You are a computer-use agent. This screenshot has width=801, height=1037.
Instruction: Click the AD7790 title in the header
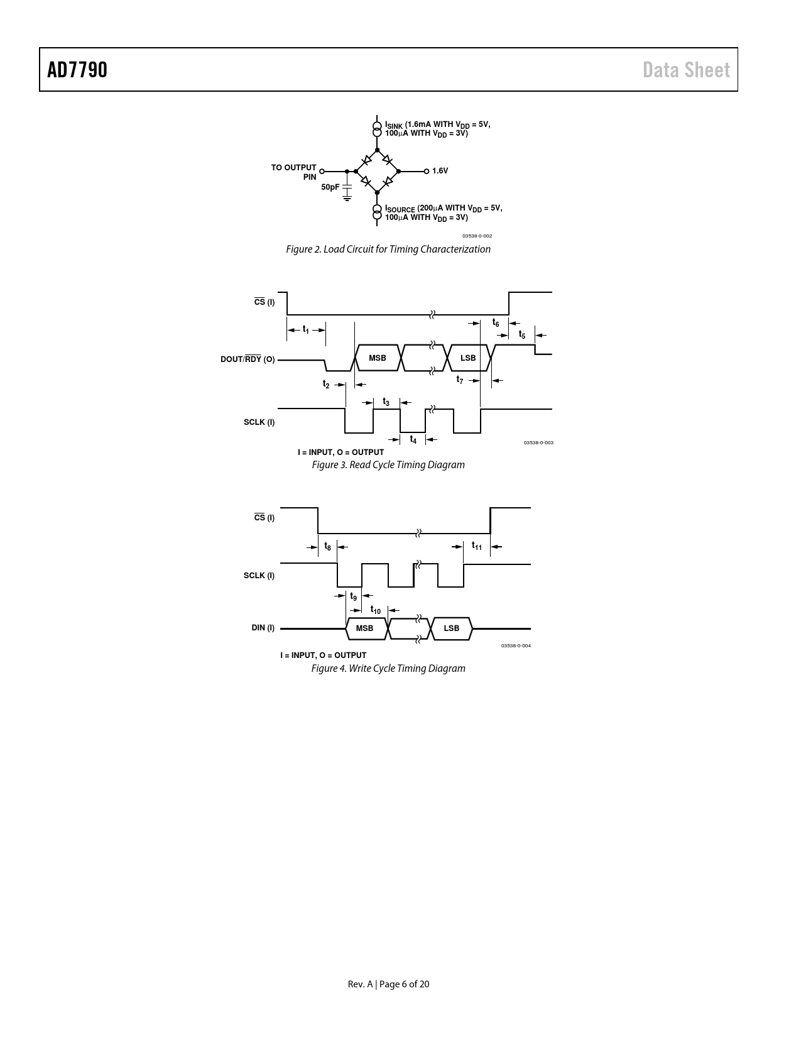[77, 70]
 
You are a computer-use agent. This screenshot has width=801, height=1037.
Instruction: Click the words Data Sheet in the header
[686, 70]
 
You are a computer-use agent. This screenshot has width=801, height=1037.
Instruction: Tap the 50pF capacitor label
[330, 187]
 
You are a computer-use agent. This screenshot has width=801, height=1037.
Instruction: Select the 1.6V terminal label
[440, 171]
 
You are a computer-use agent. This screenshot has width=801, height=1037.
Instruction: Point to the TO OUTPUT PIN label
[294, 172]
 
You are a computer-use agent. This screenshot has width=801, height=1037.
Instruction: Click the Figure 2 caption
[388, 249]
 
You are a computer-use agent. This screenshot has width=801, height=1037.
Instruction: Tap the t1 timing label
[306, 329]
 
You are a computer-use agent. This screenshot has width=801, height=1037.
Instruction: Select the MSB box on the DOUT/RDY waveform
[378, 358]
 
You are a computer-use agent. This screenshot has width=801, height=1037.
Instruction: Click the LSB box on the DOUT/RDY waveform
[468, 358]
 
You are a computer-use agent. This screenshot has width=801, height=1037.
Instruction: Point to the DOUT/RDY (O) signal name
[248, 359]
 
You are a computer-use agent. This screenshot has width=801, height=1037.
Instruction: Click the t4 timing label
[413, 439]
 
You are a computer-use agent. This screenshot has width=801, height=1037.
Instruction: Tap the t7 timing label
[460, 380]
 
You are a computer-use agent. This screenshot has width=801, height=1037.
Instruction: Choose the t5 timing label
[522, 334]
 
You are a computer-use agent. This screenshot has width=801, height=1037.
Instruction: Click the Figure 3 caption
[388, 465]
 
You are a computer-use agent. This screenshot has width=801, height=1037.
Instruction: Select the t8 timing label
[327, 546]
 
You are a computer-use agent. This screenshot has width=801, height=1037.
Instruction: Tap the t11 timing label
[477, 546]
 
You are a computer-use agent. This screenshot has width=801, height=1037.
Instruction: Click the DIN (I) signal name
[263, 628]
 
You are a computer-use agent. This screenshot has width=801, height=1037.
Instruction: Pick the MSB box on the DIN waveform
[365, 628]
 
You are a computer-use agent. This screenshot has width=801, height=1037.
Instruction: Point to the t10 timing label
[376, 610]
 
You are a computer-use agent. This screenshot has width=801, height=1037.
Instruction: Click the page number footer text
[388, 984]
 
